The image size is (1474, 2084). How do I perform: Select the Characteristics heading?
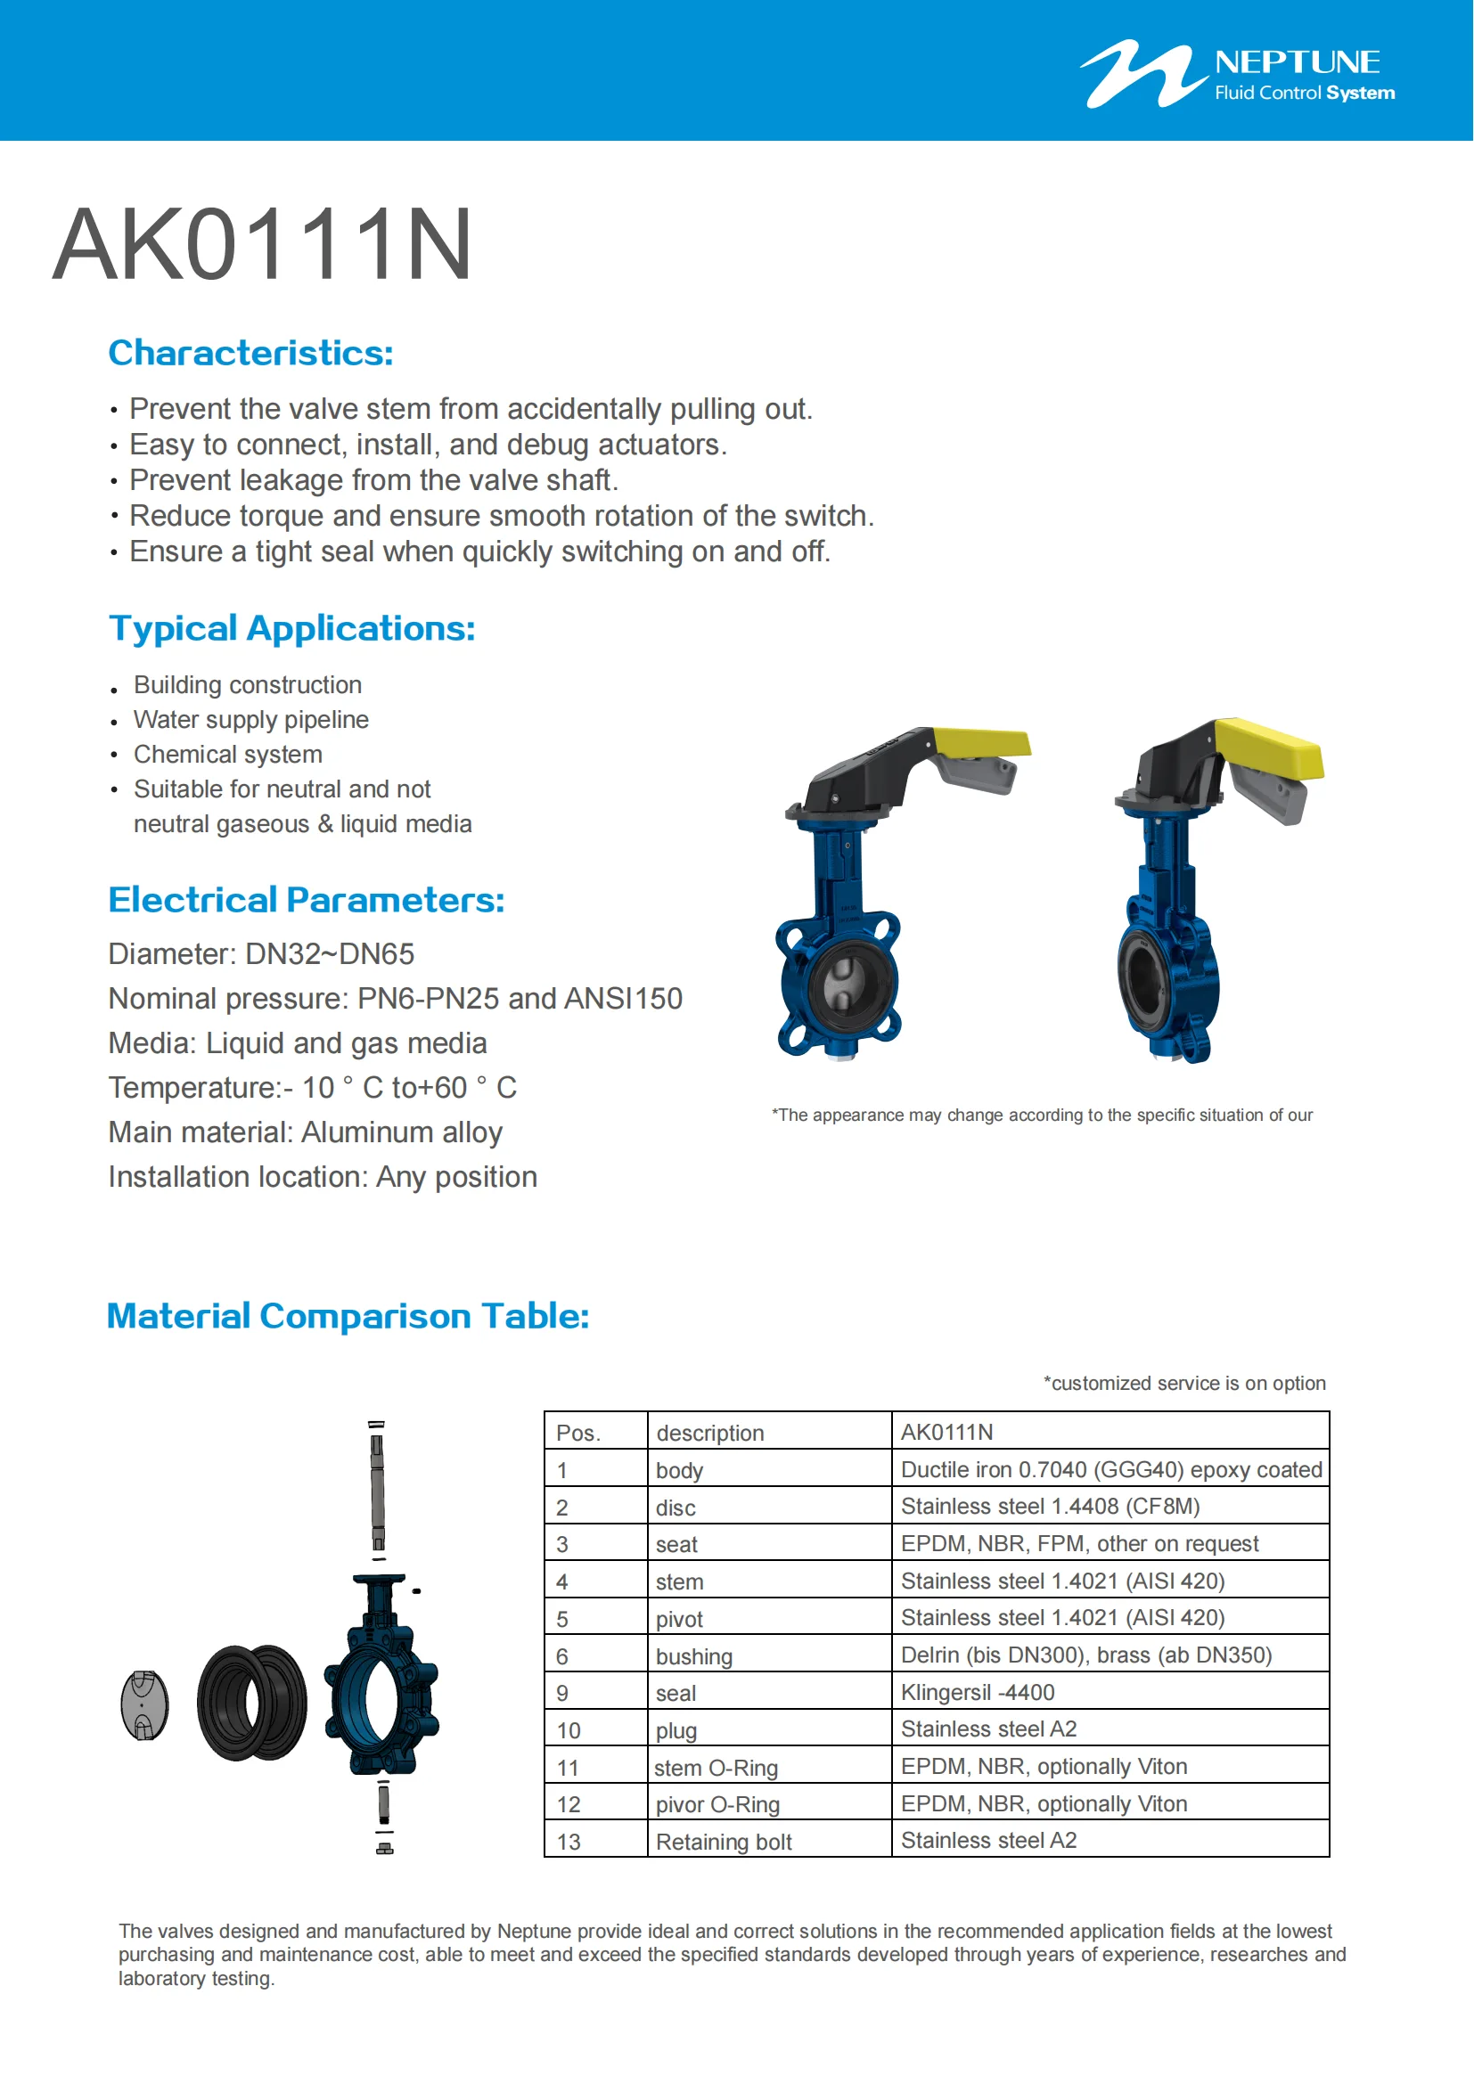click(250, 353)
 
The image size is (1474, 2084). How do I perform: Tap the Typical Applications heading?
click(291, 628)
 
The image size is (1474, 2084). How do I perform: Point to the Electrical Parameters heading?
click(306, 900)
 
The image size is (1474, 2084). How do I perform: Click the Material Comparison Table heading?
click(348, 1315)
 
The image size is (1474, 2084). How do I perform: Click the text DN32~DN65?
click(330, 954)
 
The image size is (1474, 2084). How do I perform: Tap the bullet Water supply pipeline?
click(250, 720)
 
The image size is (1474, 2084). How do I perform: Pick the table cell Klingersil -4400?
click(978, 1692)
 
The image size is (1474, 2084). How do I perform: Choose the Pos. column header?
click(578, 1433)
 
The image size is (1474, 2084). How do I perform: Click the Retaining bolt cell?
click(724, 1842)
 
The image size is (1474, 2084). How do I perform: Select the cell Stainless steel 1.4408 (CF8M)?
click(1050, 1507)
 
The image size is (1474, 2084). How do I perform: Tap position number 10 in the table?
click(569, 1730)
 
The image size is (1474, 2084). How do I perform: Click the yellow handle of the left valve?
click(981, 741)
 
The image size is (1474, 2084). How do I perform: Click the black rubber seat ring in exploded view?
click(251, 1703)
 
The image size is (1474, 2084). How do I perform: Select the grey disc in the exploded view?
click(144, 1704)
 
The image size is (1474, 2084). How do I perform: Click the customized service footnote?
click(1183, 1383)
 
